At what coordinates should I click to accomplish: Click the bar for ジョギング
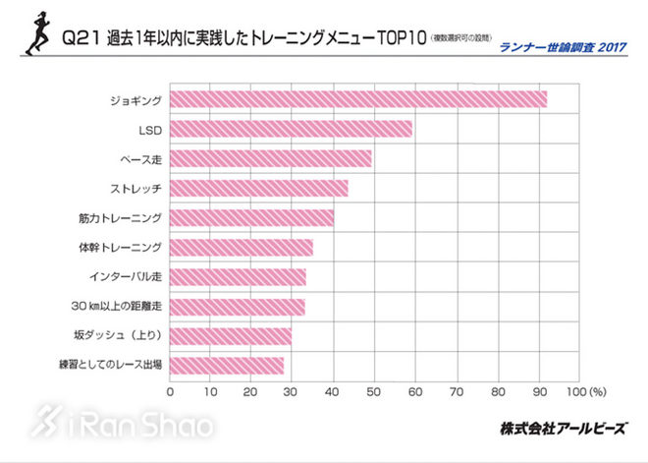click(x=358, y=99)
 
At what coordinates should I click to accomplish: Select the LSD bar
click(x=291, y=129)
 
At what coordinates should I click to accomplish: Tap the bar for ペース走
click(x=271, y=158)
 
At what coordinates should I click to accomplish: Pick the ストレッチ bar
click(x=259, y=188)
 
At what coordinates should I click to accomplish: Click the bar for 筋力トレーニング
click(x=252, y=217)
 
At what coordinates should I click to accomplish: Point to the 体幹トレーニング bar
click(x=242, y=248)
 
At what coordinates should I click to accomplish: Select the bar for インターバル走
click(x=239, y=277)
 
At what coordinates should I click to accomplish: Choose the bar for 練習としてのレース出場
click(x=227, y=366)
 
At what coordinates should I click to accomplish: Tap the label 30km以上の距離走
click(x=114, y=307)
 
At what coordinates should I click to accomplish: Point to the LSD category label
click(x=150, y=129)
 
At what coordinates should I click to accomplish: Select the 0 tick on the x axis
click(x=171, y=391)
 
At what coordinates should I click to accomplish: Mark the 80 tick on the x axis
click(x=498, y=391)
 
